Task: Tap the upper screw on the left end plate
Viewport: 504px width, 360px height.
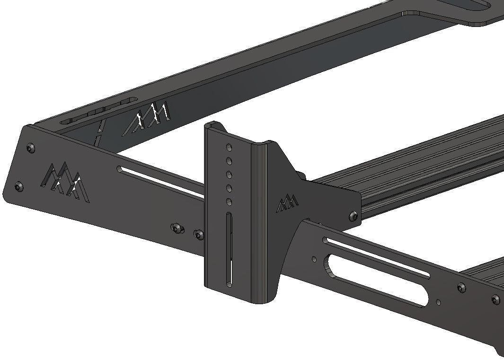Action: click(x=31, y=149)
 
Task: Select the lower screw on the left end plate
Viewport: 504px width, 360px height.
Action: click(x=19, y=187)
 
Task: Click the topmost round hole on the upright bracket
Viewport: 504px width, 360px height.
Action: click(x=229, y=147)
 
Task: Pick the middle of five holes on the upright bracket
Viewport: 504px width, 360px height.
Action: click(x=229, y=175)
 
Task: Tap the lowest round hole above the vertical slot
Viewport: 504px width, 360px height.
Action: click(x=229, y=202)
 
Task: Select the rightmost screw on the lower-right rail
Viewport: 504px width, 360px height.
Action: click(x=495, y=299)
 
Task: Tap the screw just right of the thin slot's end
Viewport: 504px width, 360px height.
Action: click(x=461, y=287)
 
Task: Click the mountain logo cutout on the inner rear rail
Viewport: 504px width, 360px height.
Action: click(x=147, y=117)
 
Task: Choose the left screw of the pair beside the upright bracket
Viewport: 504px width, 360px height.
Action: click(x=177, y=228)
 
